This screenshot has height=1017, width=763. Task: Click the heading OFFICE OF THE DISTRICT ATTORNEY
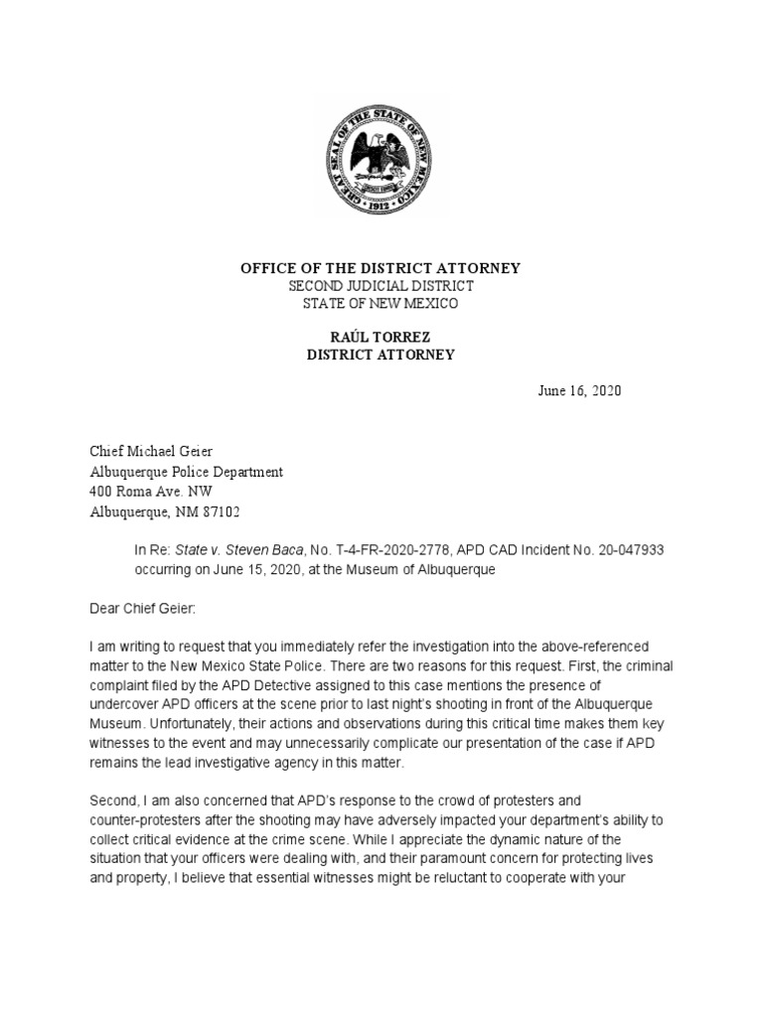click(381, 269)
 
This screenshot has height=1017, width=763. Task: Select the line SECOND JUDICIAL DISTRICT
click(381, 286)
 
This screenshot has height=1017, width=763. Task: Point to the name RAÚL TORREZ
click(381, 338)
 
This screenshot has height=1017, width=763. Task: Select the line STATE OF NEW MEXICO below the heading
click(381, 303)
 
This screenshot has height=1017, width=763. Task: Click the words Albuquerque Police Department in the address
click(187, 472)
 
